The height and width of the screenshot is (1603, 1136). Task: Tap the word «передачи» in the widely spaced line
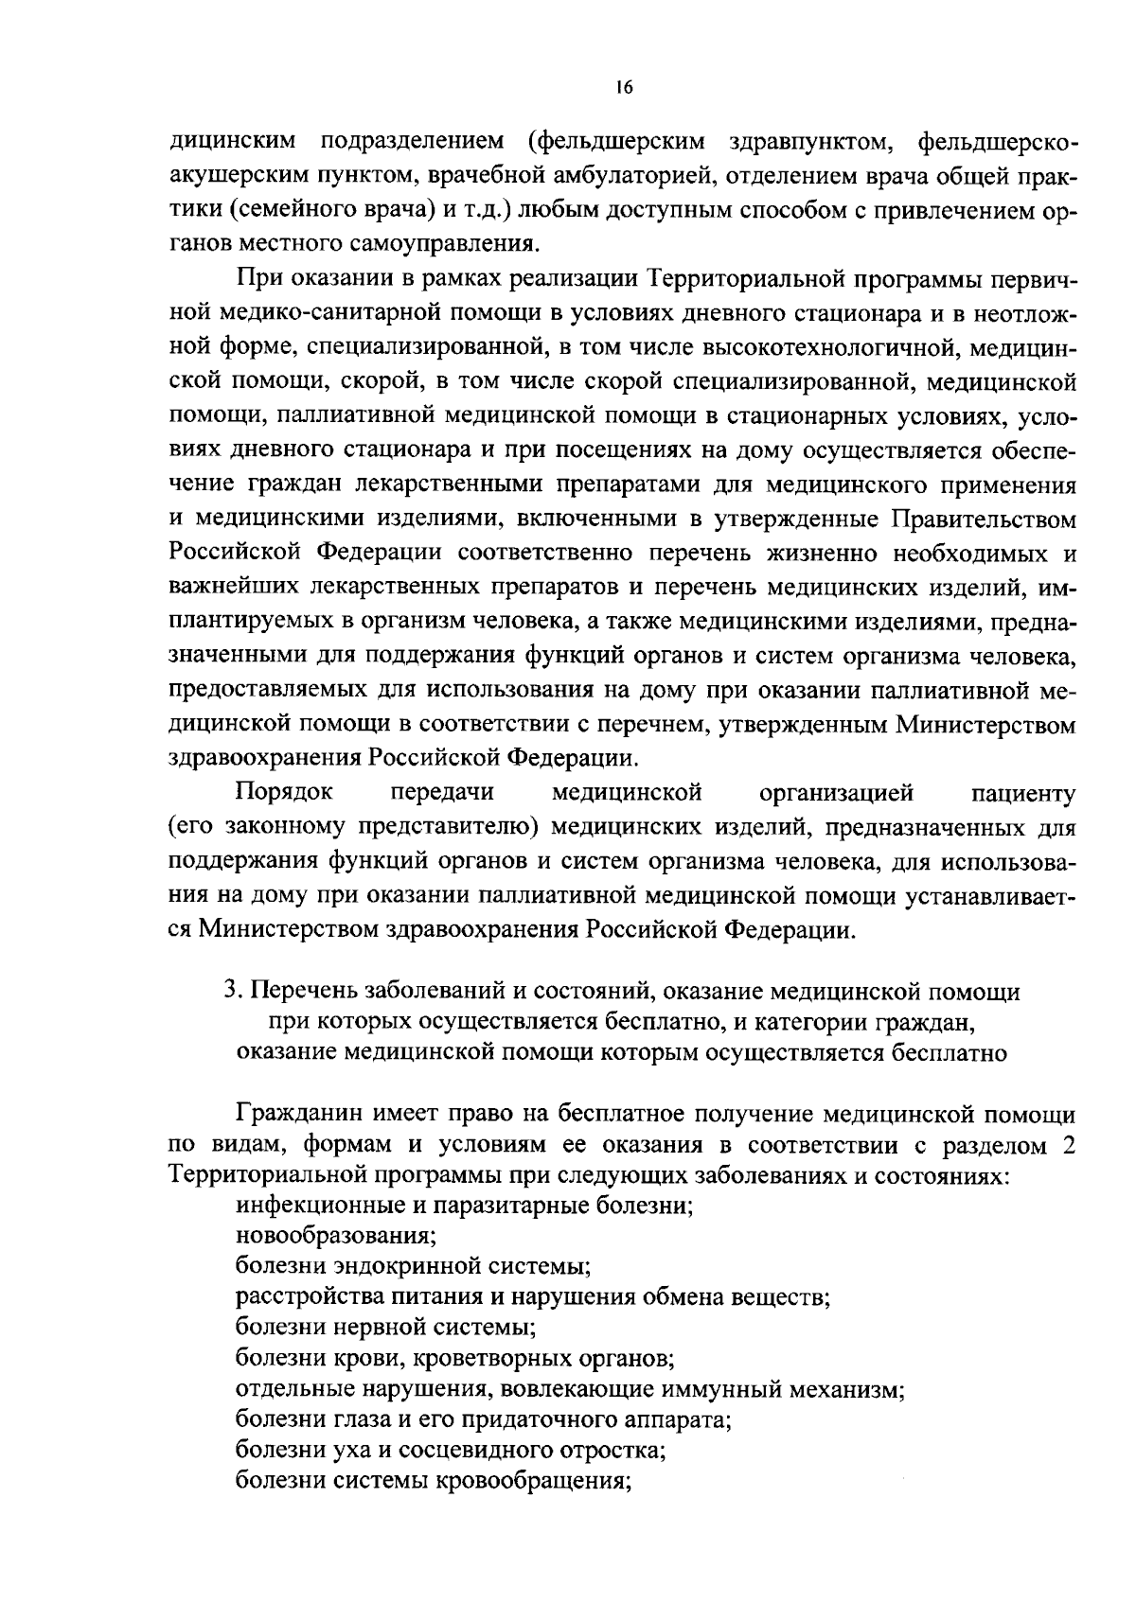[x=441, y=792]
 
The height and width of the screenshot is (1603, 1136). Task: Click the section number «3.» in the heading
[x=233, y=992]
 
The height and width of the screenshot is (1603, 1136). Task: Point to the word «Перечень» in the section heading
[x=300, y=992]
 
